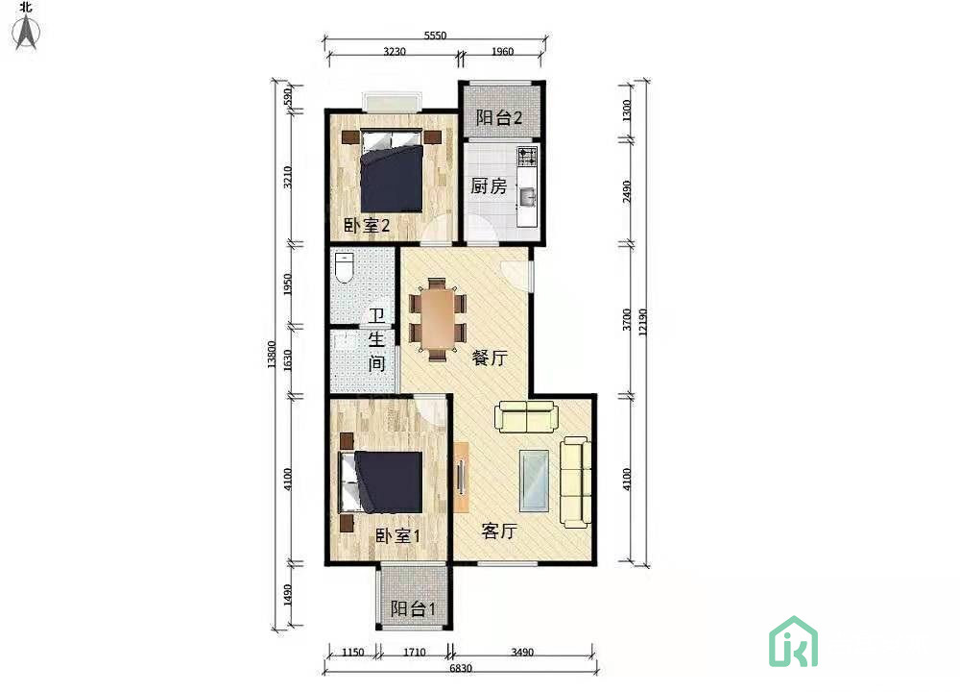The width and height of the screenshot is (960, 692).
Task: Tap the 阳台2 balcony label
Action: pyautogui.click(x=499, y=117)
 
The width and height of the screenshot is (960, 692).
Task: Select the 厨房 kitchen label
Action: pyautogui.click(x=489, y=185)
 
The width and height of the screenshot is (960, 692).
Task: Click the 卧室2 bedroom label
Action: pyautogui.click(x=366, y=226)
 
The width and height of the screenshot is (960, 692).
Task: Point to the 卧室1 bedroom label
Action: pyautogui.click(x=397, y=535)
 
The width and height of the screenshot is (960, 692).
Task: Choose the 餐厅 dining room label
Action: pyautogui.click(x=490, y=358)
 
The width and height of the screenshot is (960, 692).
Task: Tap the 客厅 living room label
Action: pyautogui.click(x=499, y=531)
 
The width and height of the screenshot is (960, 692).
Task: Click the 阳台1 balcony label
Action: pyautogui.click(x=413, y=608)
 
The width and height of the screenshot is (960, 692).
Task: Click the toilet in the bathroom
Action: pyautogui.click(x=345, y=267)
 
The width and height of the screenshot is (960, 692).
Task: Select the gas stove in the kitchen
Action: pyautogui.click(x=527, y=157)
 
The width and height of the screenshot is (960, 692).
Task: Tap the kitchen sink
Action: pyautogui.click(x=527, y=197)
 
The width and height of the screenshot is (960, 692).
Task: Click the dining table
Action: pyautogui.click(x=438, y=319)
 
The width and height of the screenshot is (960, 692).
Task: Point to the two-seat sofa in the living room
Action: pyautogui.click(x=526, y=416)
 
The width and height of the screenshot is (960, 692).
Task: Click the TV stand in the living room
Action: pyautogui.click(x=461, y=477)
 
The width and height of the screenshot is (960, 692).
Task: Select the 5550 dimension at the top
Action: pyautogui.click(x=435, y=36)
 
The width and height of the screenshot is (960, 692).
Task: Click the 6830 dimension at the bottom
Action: pyautogui.click(x=461, y=668)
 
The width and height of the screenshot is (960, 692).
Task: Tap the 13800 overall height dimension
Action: pyautogui.click(x=272, y=355)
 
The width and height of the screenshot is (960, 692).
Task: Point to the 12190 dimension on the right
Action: pyautogui.click(x=642, y=322)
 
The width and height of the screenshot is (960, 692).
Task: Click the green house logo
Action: pyautogui.click(x=794, y=642)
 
